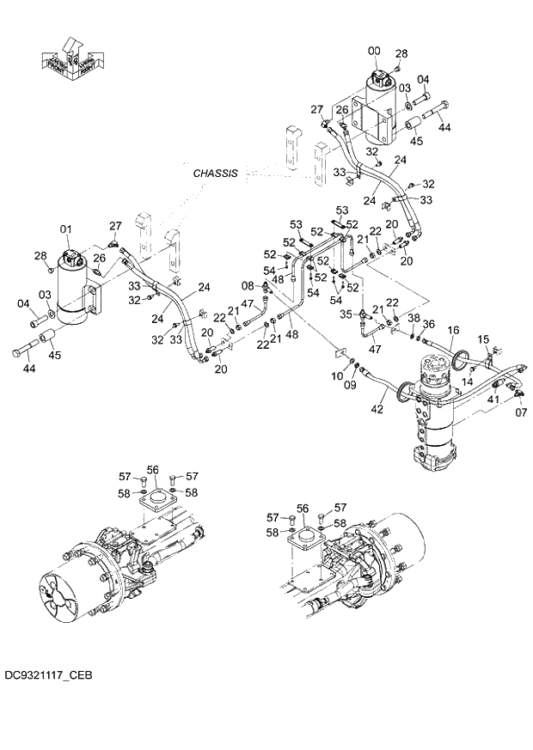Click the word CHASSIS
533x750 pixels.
[215, 173]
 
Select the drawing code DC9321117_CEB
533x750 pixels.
[47, 676]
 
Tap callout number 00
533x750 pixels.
[374, 52]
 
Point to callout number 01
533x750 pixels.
[64, 229]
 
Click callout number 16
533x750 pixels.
[453, 329]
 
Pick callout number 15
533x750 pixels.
[482, 338]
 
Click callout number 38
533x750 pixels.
[414, 317]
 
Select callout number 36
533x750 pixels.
[429, 324]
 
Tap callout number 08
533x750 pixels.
[248, 285]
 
